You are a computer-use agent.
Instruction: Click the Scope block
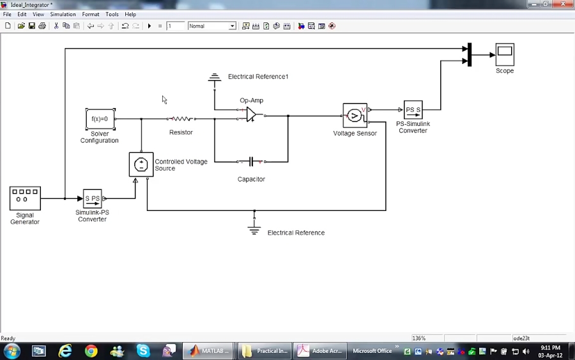pos(505,54)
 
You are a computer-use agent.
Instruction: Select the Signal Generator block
pos(25,198)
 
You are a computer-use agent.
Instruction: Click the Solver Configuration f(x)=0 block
pos(100,119)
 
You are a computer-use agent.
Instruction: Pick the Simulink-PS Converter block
pos(93,198)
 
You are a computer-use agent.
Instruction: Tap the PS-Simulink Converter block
pos(413,110)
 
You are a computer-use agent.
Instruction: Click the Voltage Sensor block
pos(355,116)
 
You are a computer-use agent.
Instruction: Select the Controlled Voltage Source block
pos(141,164)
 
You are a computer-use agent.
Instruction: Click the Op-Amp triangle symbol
pos(251,114)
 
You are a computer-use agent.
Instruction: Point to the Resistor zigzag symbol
pos(181,119)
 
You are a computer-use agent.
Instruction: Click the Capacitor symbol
pos(251,162)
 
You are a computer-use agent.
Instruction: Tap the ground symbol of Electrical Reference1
pos(214,79)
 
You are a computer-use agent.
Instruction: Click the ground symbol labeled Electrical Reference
pos(254,229)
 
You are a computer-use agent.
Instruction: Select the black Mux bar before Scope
pos(470,55)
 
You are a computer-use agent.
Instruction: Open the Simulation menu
pos(63,14)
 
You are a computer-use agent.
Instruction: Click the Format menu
pos(90,14)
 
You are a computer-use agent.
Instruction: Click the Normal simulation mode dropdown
pos(211,26)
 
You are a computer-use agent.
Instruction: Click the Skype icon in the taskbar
pos(143,351)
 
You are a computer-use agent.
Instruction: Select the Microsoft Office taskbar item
pos(372,351)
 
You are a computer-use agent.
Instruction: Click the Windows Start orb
pos(12,351)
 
